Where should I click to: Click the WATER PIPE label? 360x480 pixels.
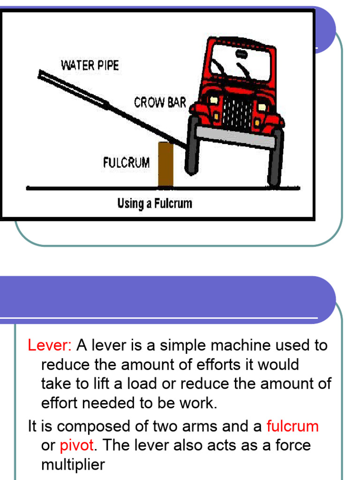90,65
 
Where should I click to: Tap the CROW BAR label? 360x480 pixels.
160,102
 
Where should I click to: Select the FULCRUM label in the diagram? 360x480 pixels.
126,163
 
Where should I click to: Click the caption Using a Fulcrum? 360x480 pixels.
154,203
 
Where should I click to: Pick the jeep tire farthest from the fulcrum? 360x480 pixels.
275,157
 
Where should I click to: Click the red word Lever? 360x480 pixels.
50,345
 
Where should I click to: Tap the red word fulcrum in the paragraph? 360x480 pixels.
292,426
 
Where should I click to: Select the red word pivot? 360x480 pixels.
77,445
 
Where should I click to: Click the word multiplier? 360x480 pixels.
73,465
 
